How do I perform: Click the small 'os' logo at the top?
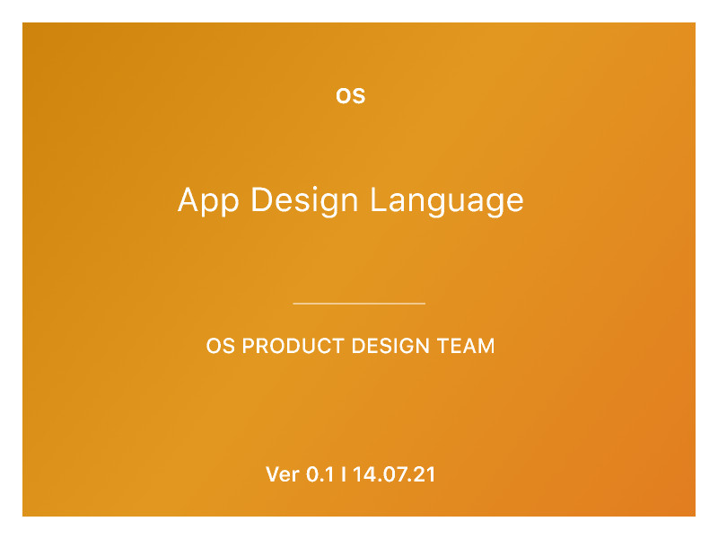pos(350,95)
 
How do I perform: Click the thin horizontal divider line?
pos(359,304)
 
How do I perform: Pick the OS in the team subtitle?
pos(221,346)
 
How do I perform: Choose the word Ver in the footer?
pos(283,474)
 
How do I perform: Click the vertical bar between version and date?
pos(344,474)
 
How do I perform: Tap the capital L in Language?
pos(378,199)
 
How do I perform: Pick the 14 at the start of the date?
pos(362,474)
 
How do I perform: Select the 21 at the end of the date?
pos(425,474)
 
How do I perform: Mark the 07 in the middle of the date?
pos(393,474)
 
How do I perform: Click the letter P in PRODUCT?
pos(249,346)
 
